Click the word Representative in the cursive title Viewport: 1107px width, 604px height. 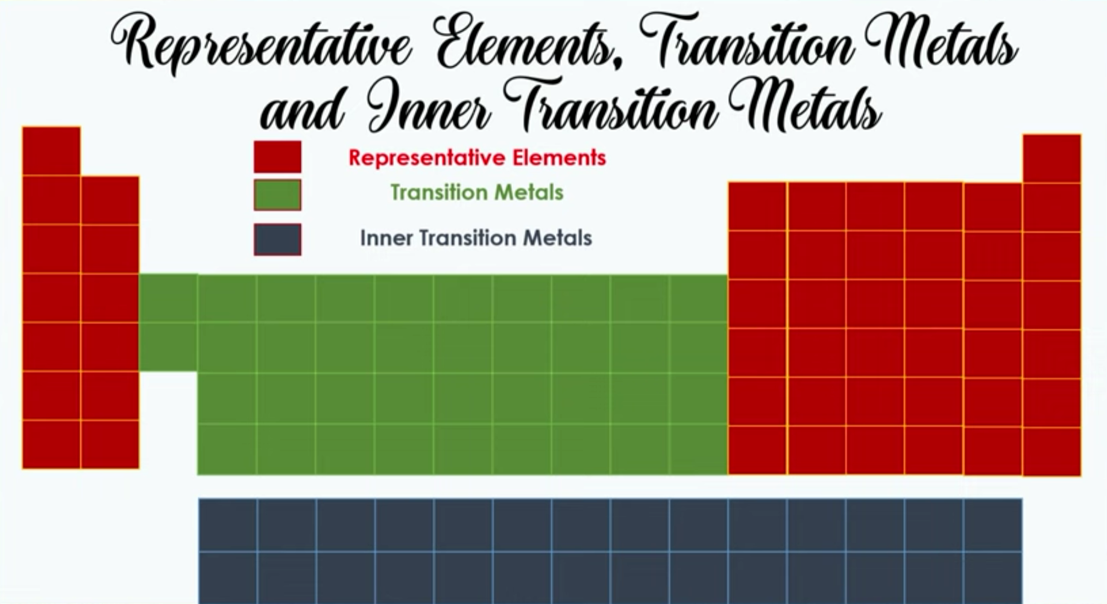261,43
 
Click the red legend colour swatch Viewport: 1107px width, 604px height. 277,157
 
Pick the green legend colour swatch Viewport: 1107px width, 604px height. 277,195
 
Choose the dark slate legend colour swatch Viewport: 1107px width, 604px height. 277,239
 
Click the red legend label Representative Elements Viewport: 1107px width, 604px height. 477,158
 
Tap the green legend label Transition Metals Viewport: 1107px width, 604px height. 477,192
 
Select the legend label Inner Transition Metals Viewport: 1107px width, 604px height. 476,238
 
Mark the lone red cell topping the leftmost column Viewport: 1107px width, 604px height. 51,151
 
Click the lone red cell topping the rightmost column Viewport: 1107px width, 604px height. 1052,159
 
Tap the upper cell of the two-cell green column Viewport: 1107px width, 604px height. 168,298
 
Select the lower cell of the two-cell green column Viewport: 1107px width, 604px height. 168,347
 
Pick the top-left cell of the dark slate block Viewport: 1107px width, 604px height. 228,525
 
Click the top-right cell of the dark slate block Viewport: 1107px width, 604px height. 993,525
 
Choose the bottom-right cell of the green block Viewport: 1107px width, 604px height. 698,449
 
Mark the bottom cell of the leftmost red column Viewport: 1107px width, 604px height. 51,444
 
